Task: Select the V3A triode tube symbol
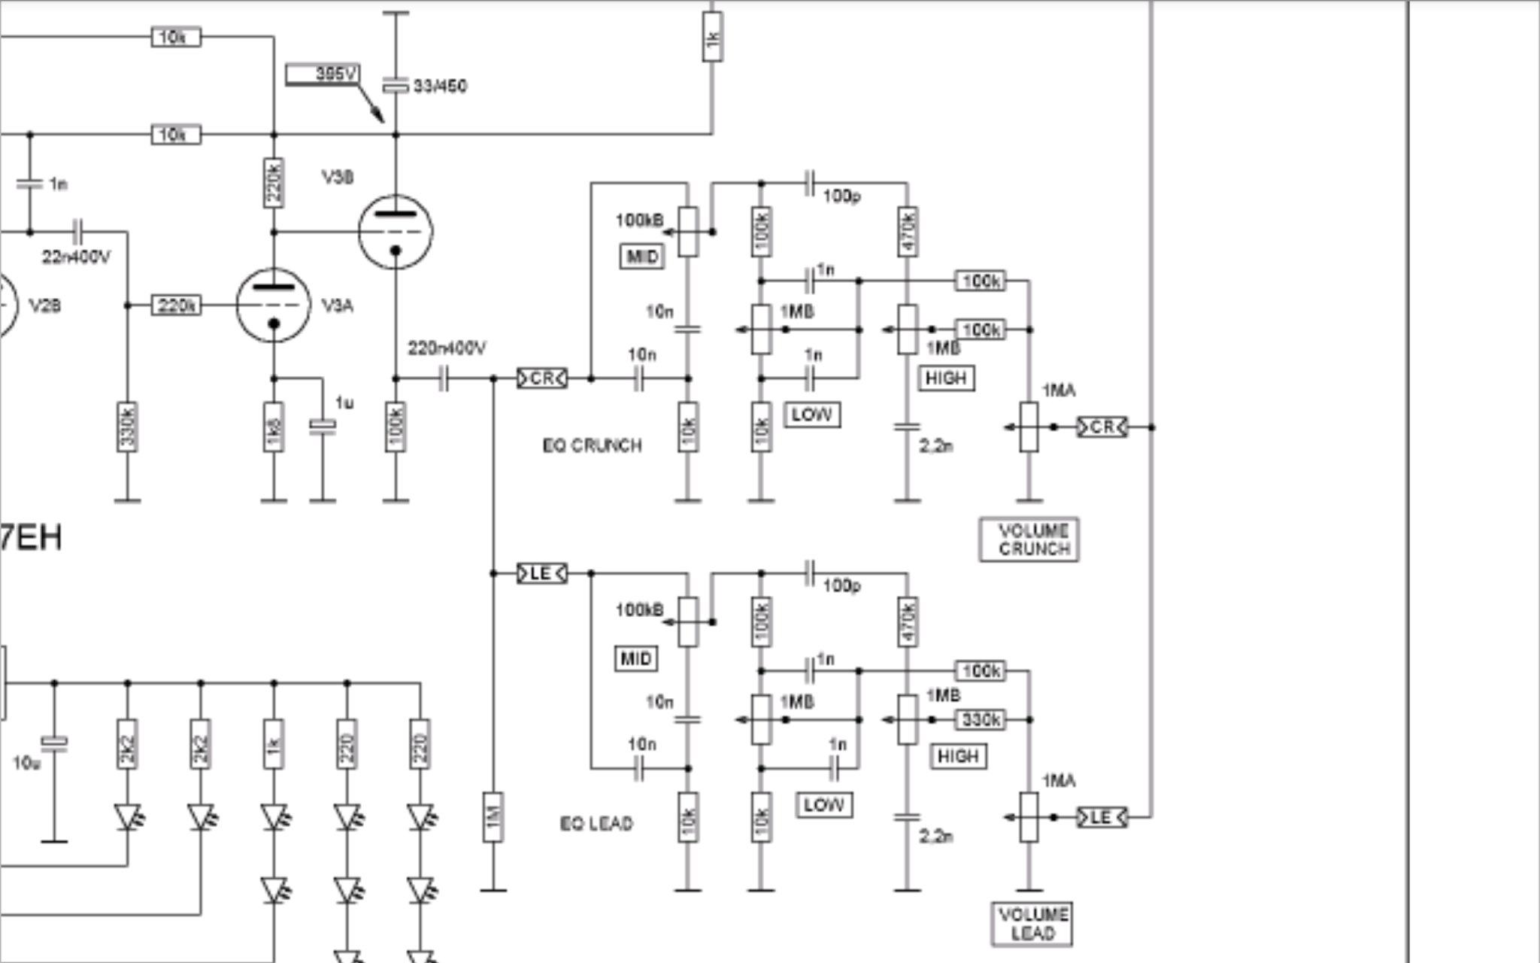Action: (x=273, y=305)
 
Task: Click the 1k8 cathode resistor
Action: (x=274, y=427)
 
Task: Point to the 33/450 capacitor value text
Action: (x=440, y=87)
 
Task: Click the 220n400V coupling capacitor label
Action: (x=447, y=348)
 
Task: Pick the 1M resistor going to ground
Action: (x=493, y=817)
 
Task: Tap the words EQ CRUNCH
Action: (x=592, y=445)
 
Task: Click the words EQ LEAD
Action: (x=596, y=823)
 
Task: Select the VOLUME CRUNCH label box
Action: (x=1029, y=539)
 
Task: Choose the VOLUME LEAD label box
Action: (x=1032, y=924)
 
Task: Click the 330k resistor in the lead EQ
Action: (x=981, y=720)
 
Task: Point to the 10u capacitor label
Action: (x=26, y=764)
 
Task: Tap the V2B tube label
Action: (x=45, y=306)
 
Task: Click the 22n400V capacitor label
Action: (x=76, y=257)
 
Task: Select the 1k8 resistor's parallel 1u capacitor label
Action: (x=344, y=403)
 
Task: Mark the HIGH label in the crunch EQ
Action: (x=946, y=378)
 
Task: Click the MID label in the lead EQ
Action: (x=636, y=659)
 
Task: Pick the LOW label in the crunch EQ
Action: (x=812, y=415)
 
